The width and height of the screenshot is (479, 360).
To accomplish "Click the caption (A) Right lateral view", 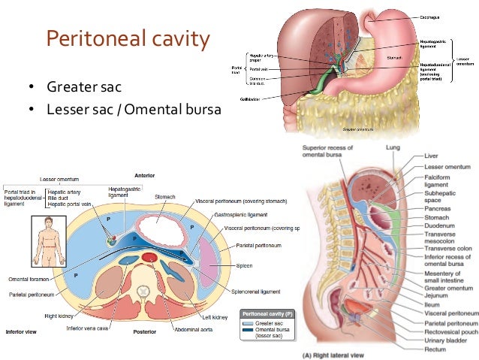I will point(336,353).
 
